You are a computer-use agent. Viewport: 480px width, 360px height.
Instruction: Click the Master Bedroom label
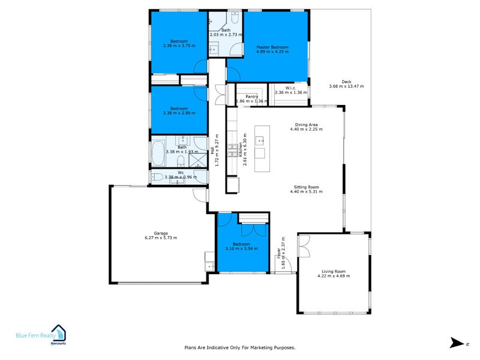pyautogui.click(x=272, y=47)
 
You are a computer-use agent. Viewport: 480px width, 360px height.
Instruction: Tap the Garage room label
pyautogui.click(x=160, y=233)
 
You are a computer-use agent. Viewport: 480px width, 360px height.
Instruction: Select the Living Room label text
pyautogui.click(x=333, y=272)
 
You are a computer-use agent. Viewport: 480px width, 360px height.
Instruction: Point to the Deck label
pyautogui.click(x=346, y=82)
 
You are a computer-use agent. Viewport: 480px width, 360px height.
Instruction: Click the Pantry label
pyautogui.click(x=251, y=97)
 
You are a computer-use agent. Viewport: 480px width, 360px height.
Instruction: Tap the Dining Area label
pyautogui.click(x=306, y=125)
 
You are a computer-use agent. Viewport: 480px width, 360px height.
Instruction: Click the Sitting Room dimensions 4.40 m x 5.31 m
pyautogui.click(x=306, y=191)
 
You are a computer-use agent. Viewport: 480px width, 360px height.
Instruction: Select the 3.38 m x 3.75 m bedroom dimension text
pyautogui.click(x=179, y=46)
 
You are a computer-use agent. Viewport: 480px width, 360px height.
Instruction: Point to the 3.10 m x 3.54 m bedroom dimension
pyautogui.click(x=241, y=248)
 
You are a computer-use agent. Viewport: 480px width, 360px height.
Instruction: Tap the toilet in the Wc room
pyautogui.click(x=157, y=176)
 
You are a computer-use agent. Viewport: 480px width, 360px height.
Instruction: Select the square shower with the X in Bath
pyautogui.click(x=199, y=159)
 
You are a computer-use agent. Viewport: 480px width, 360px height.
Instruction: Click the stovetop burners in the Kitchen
pyautogui.click(x=230, y=147)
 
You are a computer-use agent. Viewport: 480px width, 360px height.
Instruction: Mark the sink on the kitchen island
pyautogui.click(x=260, y=142)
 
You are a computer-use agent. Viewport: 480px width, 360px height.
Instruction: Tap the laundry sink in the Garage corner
pyautogui.click(x=209, y=266)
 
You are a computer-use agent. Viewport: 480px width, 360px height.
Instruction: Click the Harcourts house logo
pyautogui.click(x=59, y=331)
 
